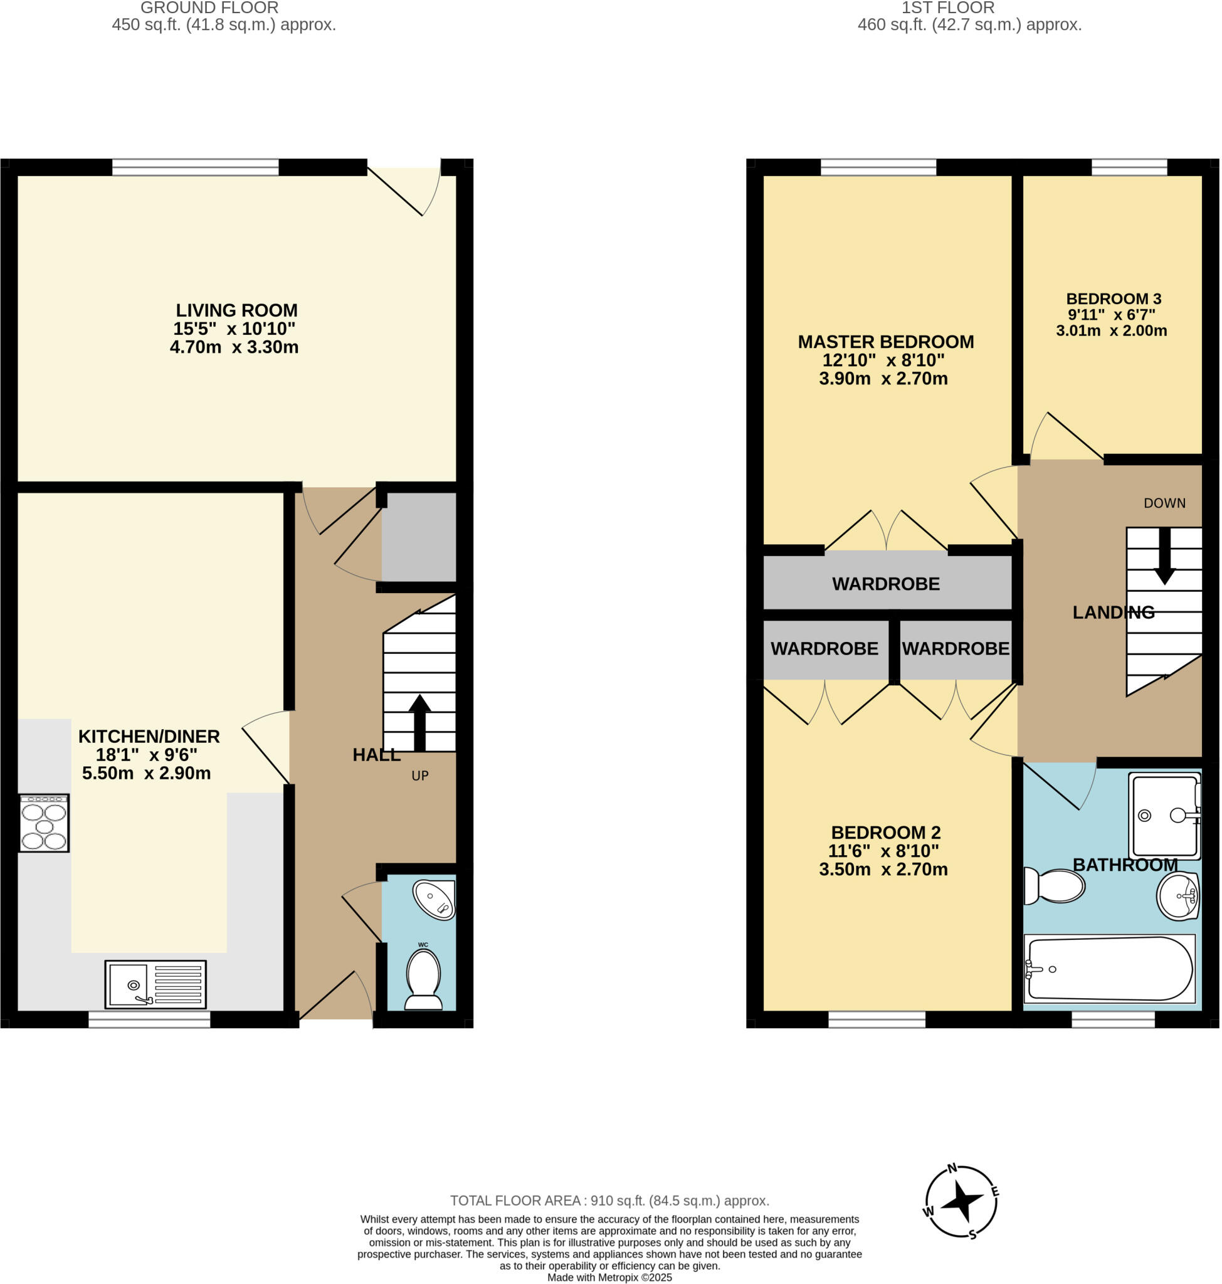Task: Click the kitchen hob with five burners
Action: click(44, 823)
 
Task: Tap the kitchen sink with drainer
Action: click(155, 984)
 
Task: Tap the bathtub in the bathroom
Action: click(1109, 969)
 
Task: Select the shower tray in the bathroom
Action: click(1165, 816)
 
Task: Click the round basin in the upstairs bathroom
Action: click(1178, 897)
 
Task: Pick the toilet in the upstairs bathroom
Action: click(1054, 886)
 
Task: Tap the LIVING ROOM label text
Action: click(236, 310)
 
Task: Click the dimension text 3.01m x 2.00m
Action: click(1111, 330)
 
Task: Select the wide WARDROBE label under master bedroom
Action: click(886, 584)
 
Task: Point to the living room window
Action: click(196, 167)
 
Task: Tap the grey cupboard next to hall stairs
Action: click(419, 536)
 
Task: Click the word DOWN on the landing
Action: click(1165, 503)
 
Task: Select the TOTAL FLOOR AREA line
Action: click(609, 1201)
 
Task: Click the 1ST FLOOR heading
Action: click(948, 8)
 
